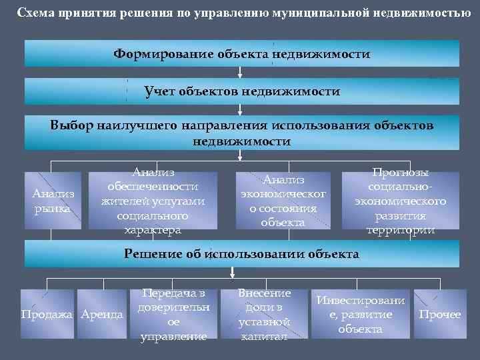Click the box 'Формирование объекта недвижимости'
pyautogui.click(x=241, y=53)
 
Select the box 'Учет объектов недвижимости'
pyautogui.click(x=241, y=91)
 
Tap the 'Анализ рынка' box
pyautogui.click(x=53, y=200)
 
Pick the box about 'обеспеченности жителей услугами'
pyautogui.click(x=153, y=200)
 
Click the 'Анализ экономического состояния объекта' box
pyautogui.click(x=283, y=200)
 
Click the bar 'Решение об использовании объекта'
pyautogui.click(x=241, y=254)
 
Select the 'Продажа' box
pyautogui.click(x=48, y=314)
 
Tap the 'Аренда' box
pyautogui.click(x=101, y=314)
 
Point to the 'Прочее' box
pyautogui.click(x=439, y=314)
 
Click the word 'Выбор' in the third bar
pyautogui.click(x=70, y=125)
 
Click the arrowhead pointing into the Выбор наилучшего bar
pyautogui.click(x=241, y=112)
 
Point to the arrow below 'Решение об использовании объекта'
pyautogui.click(x=233, y=271)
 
